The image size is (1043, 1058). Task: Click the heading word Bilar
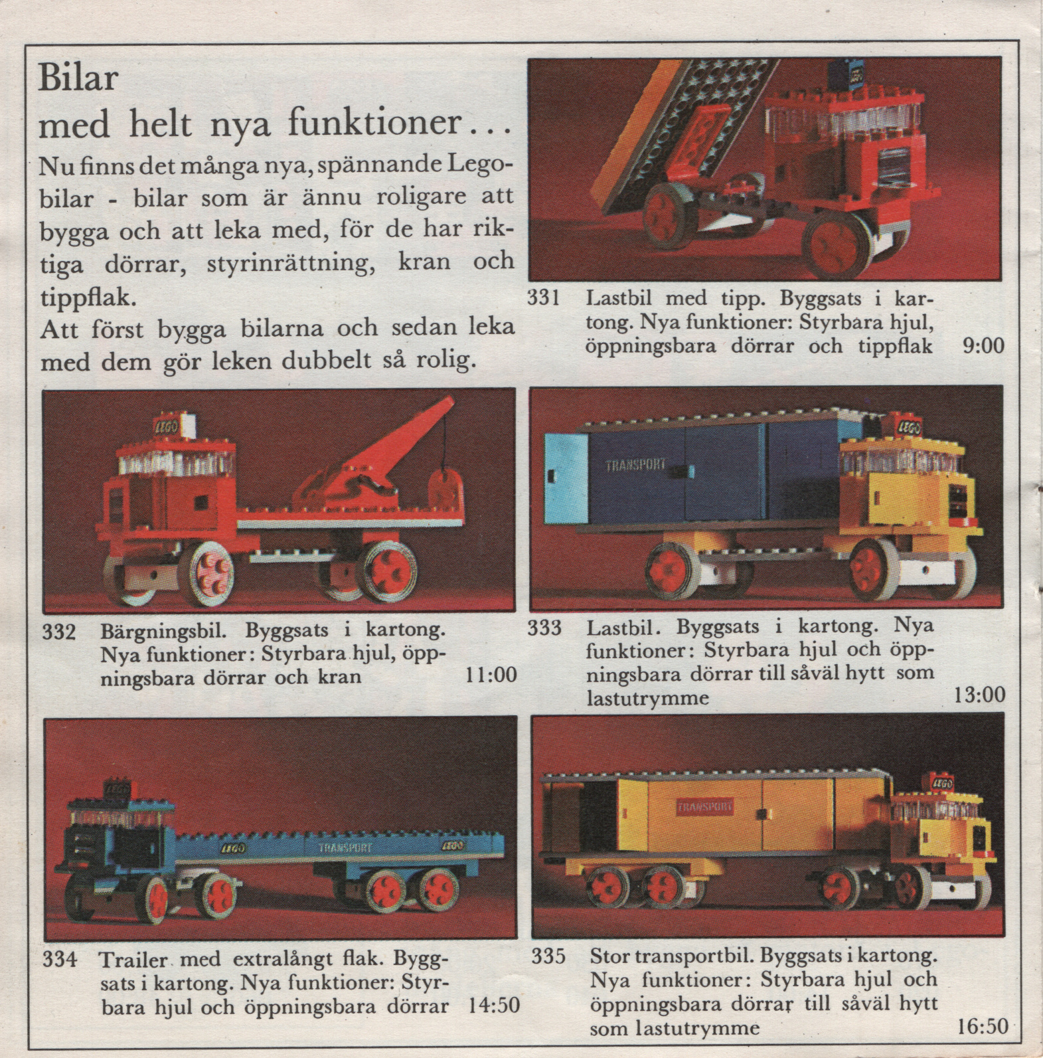[x=78, y=78]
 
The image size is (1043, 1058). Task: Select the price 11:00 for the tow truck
[x=491, y=675]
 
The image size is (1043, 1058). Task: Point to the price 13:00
[x=979, y=695]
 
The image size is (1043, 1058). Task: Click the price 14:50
[x=494, y=1005]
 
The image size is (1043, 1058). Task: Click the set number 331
[x=544, y=298]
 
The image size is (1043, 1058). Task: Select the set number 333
[x=544, y=627]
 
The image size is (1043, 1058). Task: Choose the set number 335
[x=548, y=956]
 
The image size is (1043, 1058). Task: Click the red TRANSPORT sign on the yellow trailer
[x=705, y=807]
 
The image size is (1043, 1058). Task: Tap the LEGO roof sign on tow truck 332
[x=166, y=427]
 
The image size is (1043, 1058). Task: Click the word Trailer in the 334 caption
[x=135, y=960]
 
